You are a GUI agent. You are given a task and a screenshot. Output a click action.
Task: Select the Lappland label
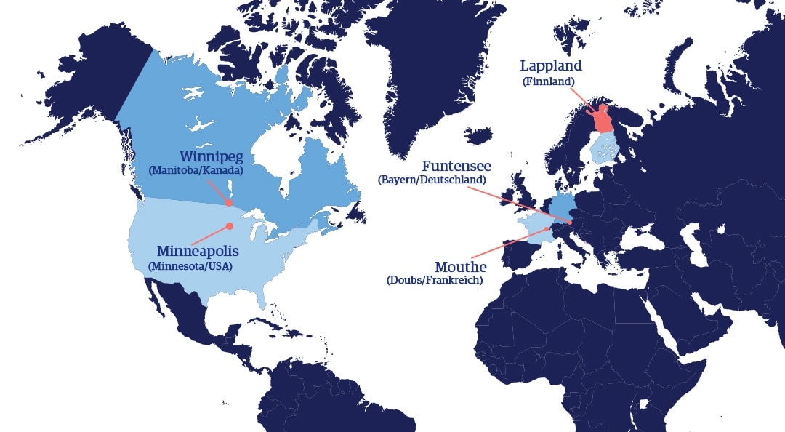(551, 66)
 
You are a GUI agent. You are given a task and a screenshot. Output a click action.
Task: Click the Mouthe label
(460, 266)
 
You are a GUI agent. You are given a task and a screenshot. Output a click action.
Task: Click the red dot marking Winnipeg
(230, 203)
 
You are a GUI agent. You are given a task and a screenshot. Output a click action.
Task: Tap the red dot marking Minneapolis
(230, 226)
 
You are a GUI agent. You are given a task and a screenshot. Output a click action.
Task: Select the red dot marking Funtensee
(571, 223)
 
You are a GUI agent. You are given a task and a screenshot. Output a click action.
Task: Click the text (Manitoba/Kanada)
(195, 171)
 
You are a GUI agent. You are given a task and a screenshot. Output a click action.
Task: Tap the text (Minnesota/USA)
(190, 266)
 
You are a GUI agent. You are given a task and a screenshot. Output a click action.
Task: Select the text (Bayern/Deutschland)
(432, 179)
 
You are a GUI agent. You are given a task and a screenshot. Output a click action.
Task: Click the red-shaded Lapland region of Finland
(603, 120)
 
